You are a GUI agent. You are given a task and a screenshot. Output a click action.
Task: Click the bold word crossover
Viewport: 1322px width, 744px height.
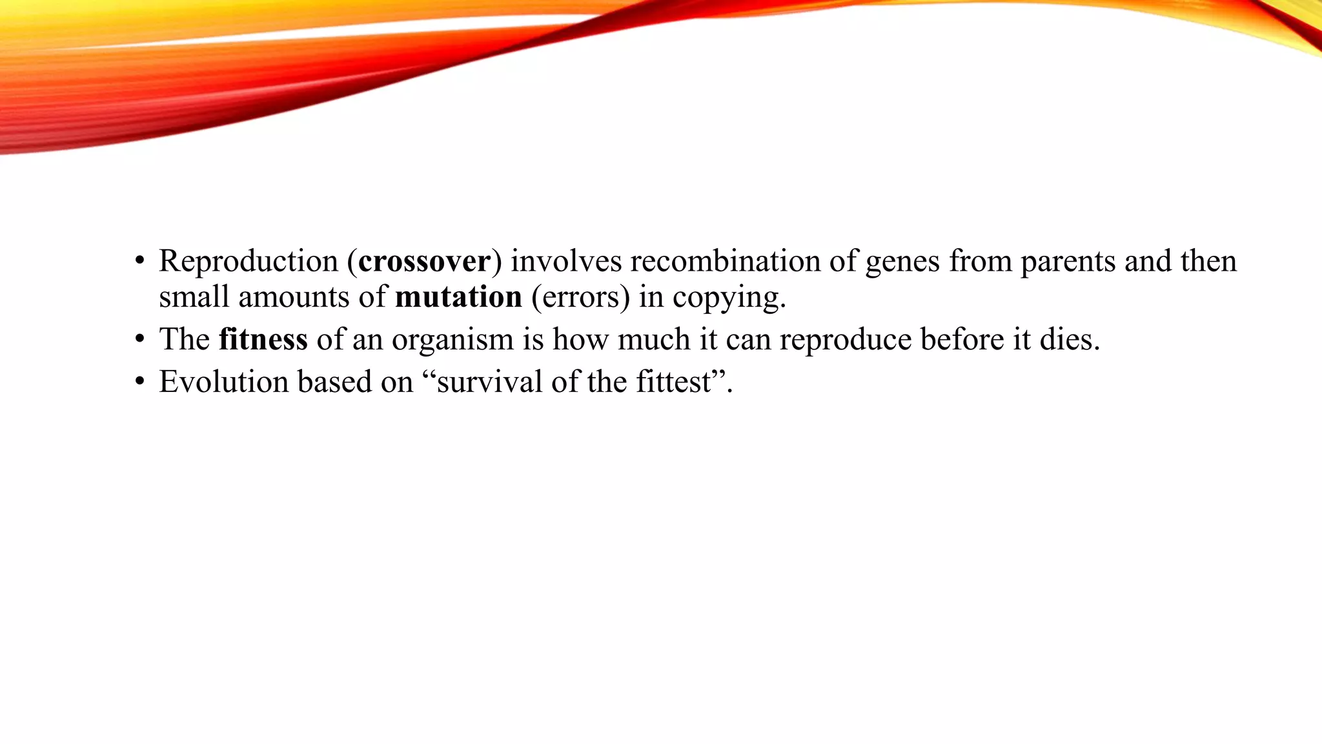coord(424,262)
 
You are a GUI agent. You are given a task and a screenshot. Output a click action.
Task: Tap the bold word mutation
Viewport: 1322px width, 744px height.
coord(458,297)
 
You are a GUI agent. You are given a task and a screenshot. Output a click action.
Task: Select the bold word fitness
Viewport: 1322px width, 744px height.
coord(263,340)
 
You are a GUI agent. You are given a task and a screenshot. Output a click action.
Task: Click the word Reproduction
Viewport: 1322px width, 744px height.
coord(249,262)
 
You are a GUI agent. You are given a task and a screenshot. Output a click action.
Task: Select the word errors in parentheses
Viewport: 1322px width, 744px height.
coord(580,297)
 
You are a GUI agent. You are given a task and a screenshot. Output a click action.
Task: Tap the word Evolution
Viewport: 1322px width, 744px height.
coord(223,382)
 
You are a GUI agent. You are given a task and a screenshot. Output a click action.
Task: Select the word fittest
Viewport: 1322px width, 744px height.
coord(673,382)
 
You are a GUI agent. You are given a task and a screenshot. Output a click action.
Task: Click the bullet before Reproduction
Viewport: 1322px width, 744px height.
coord(139,262)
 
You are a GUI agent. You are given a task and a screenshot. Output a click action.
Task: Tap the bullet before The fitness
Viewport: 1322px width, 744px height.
coord(139,340)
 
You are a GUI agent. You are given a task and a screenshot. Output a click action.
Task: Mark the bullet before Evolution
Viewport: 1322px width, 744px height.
coord(139,382)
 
